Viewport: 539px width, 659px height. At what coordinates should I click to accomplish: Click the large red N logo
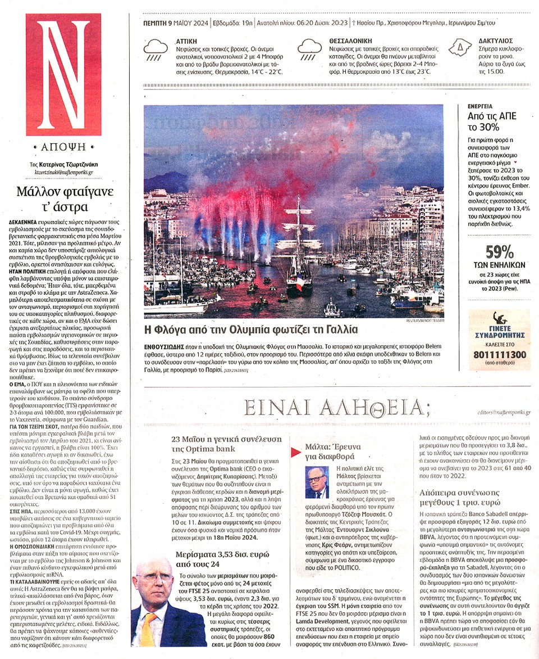(63, 74)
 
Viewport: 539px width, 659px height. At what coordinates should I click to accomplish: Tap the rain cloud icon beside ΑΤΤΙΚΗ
(156, 49)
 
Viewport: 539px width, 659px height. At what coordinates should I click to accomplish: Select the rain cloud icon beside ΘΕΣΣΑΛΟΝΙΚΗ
(309, 49)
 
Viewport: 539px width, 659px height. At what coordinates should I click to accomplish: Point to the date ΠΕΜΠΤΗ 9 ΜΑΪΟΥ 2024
(175, 24)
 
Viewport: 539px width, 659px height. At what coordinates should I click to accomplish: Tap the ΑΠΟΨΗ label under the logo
(63, 148)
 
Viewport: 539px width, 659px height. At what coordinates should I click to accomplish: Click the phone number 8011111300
(500, 355)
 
